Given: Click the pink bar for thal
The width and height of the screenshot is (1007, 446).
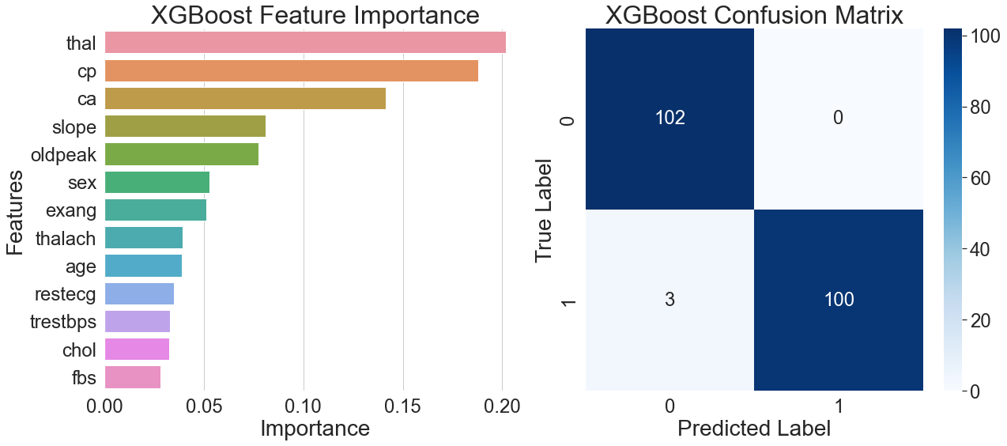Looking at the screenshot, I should [304, 43].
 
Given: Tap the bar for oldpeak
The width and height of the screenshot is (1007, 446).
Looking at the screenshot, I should [181, 154].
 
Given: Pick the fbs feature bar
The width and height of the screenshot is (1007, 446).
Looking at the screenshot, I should [132, 377].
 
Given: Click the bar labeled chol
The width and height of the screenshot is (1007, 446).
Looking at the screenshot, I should [137, 350].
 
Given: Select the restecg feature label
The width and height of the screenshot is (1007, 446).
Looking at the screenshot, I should [65, 294].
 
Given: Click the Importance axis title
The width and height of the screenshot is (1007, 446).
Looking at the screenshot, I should [315, 429].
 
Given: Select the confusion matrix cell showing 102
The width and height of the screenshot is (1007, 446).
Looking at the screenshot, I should [669, 118].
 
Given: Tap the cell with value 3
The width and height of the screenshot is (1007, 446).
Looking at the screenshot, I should [669, 300].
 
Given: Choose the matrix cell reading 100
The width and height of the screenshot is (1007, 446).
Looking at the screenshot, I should [839, 300].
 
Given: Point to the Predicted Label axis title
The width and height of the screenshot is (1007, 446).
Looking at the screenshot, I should [753, 429].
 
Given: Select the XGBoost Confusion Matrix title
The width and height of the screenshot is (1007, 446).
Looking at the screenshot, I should [753, 15].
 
